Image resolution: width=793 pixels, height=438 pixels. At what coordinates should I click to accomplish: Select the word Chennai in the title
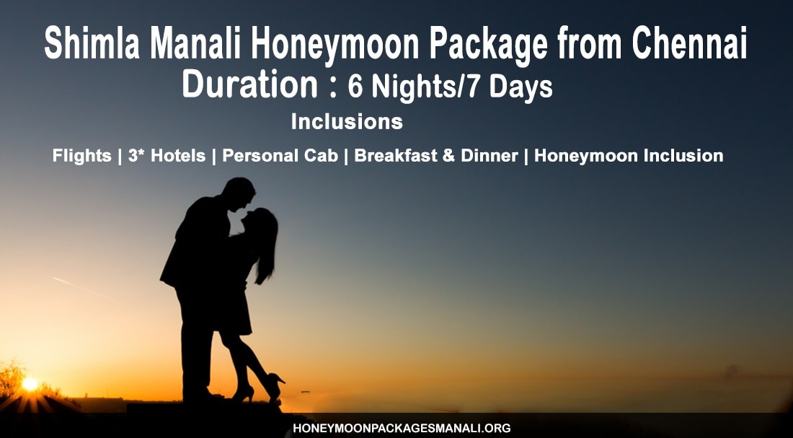(689, 43)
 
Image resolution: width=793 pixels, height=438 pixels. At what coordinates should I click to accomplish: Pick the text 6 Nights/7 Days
(450, 87)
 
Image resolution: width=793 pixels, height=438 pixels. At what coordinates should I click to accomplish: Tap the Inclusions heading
(347, 121)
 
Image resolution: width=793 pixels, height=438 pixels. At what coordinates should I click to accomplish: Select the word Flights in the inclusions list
(82, 156)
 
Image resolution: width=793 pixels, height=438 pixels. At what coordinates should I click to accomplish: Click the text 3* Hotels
(167, 155)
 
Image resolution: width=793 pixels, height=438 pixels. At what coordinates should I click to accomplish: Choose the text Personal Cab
(280, 155)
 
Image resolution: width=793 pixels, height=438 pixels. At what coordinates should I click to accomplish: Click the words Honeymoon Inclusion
(629, 156)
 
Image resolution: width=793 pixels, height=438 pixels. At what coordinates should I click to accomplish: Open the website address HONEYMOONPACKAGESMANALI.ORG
(402, 429)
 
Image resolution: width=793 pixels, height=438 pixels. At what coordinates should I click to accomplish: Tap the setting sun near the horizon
(30, 385)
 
